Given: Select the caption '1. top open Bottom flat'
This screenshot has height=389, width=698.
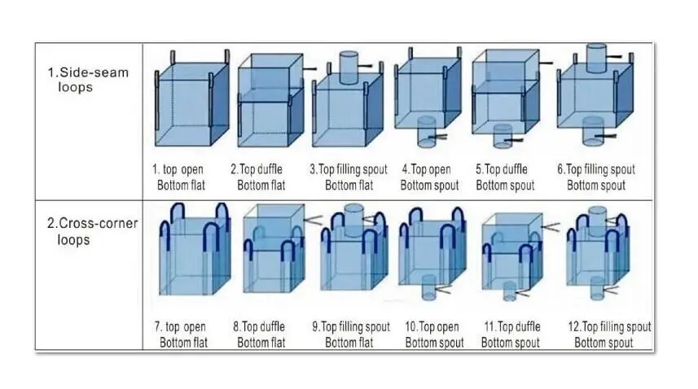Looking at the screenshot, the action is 180,177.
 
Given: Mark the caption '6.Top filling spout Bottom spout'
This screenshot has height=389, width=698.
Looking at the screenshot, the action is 595,177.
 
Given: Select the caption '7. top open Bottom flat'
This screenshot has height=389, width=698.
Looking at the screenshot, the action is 180,334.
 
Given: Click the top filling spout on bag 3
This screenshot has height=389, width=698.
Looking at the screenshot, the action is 348,65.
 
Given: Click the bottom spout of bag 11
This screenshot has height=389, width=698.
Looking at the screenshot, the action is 510,291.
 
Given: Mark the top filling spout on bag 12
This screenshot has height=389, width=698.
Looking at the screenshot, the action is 600,218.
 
